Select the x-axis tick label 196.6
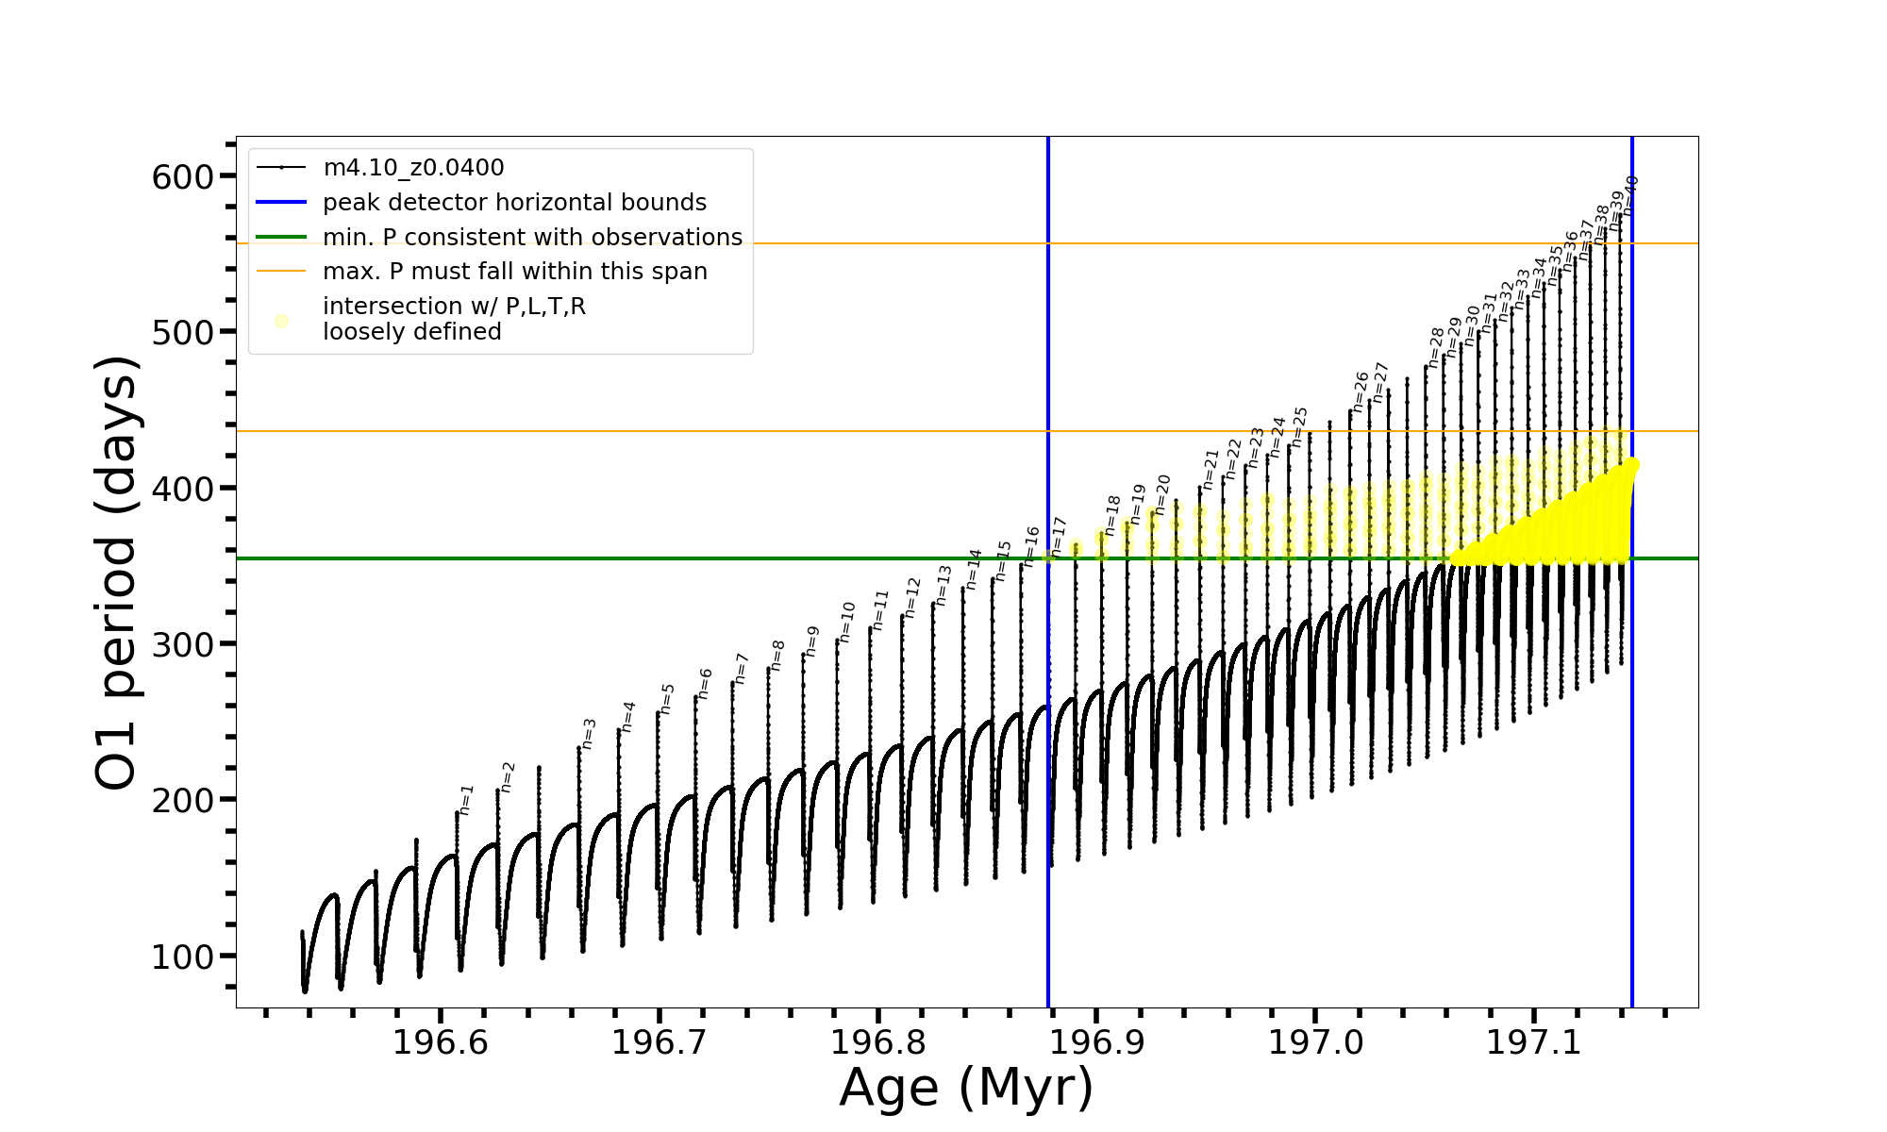click(x=440, y=1042)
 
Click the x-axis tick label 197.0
click(x=1315, y=1042)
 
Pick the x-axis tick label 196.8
click(x=877, y=1042)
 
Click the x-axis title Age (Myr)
click(x=966, y=1088)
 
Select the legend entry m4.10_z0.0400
click(x=413, y=168)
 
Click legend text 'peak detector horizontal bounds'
click(x=514, y=203)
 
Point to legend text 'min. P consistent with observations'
click(x=532, y=238)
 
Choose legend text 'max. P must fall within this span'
click(x=514, y=272)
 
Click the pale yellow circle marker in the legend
click(x=281, y=321)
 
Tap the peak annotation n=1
click(x=465, y=800)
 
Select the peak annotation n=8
click(x=777, y=656)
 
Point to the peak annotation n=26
click(x=1361, y=390)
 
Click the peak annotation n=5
click(x=667, y=699)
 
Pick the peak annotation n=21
click(x=1211, y=469)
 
